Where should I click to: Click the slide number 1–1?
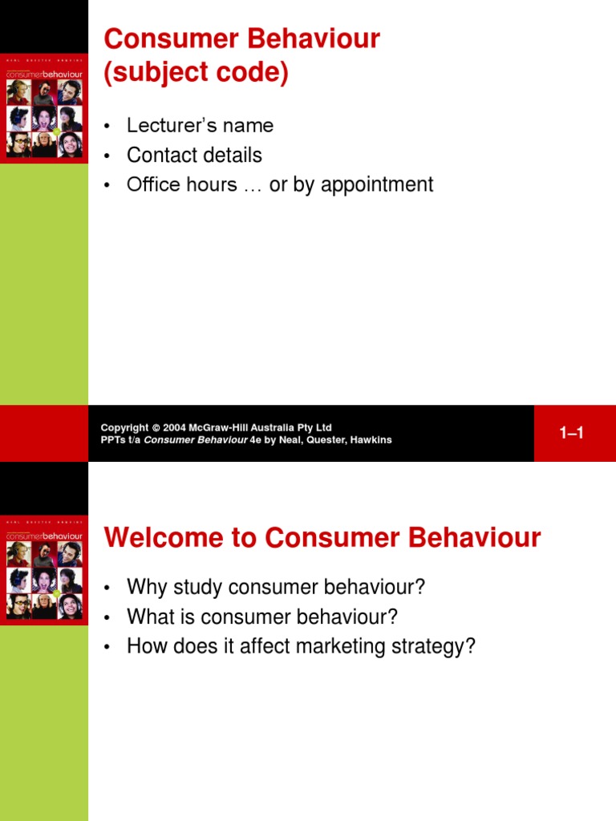point(571,433)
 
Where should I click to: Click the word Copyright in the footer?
point(124,428)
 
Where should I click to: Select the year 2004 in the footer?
point(175,428)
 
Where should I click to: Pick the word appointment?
point(383,185)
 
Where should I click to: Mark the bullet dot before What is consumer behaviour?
point(106,618)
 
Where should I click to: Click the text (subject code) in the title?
point(197,73)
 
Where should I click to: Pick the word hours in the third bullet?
point(210,185)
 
